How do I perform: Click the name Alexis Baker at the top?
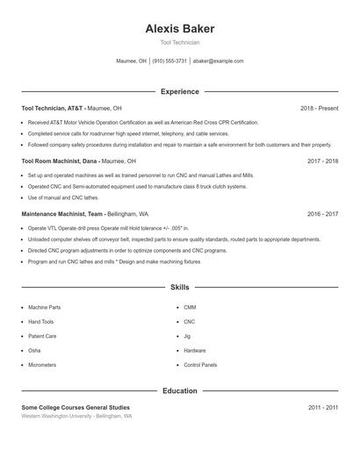click(180, 28)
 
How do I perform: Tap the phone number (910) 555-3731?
click(169, 61)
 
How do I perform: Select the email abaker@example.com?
click(219, 61)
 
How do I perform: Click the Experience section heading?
click(180, 91)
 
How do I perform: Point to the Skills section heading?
click(180, 287)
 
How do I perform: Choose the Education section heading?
click(180, 390)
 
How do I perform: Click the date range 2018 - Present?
click(319, 109)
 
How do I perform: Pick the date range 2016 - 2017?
click(323, 213)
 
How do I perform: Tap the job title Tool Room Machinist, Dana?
click(60, 161)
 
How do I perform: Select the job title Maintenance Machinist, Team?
click(63, 213)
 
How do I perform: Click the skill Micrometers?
click(42, 364)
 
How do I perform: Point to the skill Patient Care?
click(42, 336)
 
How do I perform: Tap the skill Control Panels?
click(200, 364)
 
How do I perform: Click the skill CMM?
click(190, 307)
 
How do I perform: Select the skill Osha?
click(34, 350)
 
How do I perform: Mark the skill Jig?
click(187, 336)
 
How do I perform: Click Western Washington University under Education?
click(58, 416)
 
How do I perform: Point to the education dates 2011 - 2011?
click(323, 407)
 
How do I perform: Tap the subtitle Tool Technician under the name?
click(180, 42)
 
